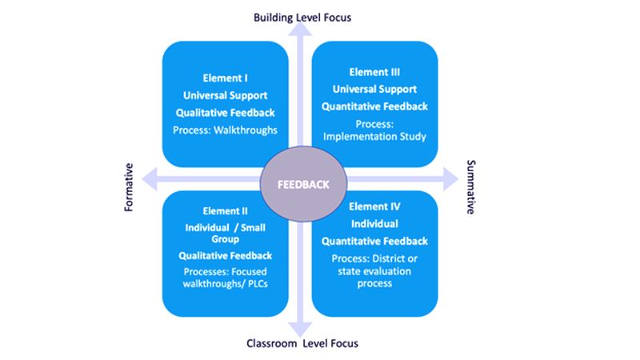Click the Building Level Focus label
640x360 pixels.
click(302, 17)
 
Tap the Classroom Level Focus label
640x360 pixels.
click(302, 343)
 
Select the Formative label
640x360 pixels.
click(128, 189)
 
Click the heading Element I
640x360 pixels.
click(225, 78)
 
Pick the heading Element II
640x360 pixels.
click(225, 211)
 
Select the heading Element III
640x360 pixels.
click(374, 71)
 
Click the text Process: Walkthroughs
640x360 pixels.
click(225, 129)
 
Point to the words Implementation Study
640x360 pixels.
click(374, 137)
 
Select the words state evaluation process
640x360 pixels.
click(374, 277)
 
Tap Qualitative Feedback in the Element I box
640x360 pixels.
click(225, 112)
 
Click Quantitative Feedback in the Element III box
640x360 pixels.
click(374, 106)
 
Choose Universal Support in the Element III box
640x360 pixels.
click(374, 89)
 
